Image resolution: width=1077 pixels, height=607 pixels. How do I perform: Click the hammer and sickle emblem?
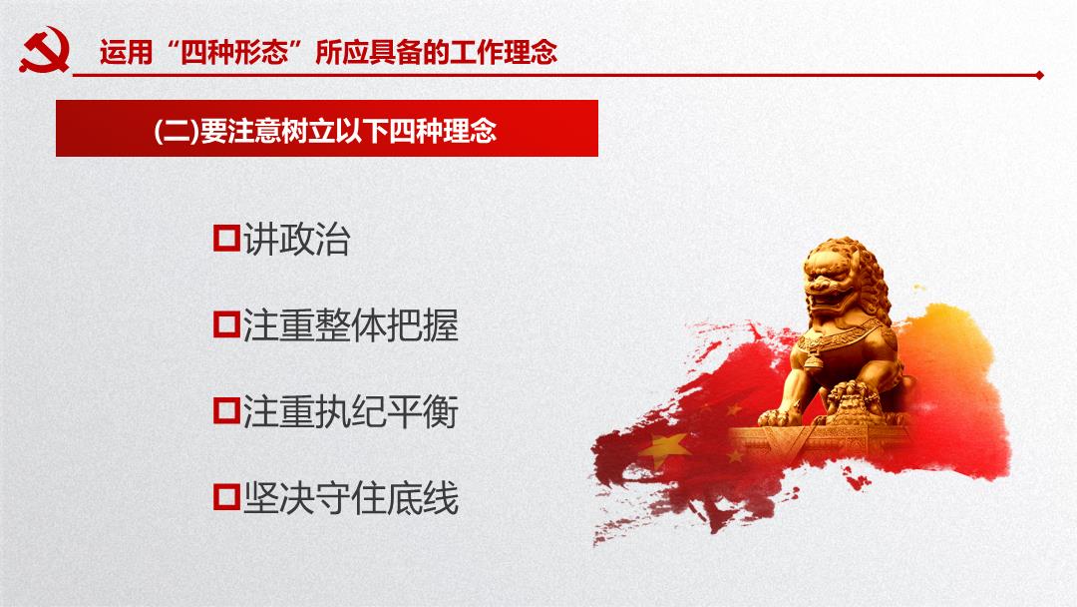pos(45,50)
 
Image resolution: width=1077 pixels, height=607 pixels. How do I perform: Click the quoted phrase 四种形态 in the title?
pos(233,52)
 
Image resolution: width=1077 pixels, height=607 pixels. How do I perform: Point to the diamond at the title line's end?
pos(1040,75)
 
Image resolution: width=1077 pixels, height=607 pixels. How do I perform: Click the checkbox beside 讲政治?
pos(226,239)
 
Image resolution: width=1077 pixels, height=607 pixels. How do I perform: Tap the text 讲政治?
pos(297,240)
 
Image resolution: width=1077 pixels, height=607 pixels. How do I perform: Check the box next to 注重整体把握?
pos(226,324)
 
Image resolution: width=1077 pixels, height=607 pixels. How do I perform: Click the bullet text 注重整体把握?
pos(350,325)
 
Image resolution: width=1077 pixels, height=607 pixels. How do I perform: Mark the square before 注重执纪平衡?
pos(226,410)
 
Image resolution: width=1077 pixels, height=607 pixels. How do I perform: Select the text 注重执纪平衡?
pos(350,411)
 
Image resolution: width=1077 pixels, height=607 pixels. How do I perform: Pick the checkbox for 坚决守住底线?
pos(226,496)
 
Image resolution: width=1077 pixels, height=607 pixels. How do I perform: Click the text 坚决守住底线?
pos(350,498)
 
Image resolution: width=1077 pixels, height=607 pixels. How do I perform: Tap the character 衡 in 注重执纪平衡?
pos(441,411)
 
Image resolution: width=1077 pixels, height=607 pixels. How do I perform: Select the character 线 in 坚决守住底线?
pos(441,498)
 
